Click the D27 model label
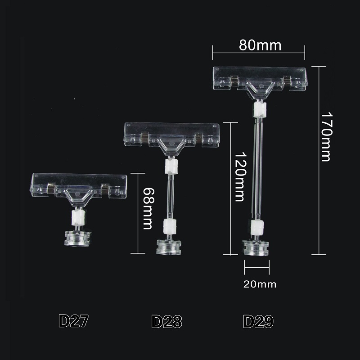tap(73, 321)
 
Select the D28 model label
tap(166, 321)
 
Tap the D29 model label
tap(258, 321)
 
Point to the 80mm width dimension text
tap(260, 45)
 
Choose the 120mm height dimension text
tap(240, 177)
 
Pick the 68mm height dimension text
tap(148, 209)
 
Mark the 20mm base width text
tap(260, 284)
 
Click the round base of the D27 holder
tap(77, 238)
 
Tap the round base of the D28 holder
tap(169, 247)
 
